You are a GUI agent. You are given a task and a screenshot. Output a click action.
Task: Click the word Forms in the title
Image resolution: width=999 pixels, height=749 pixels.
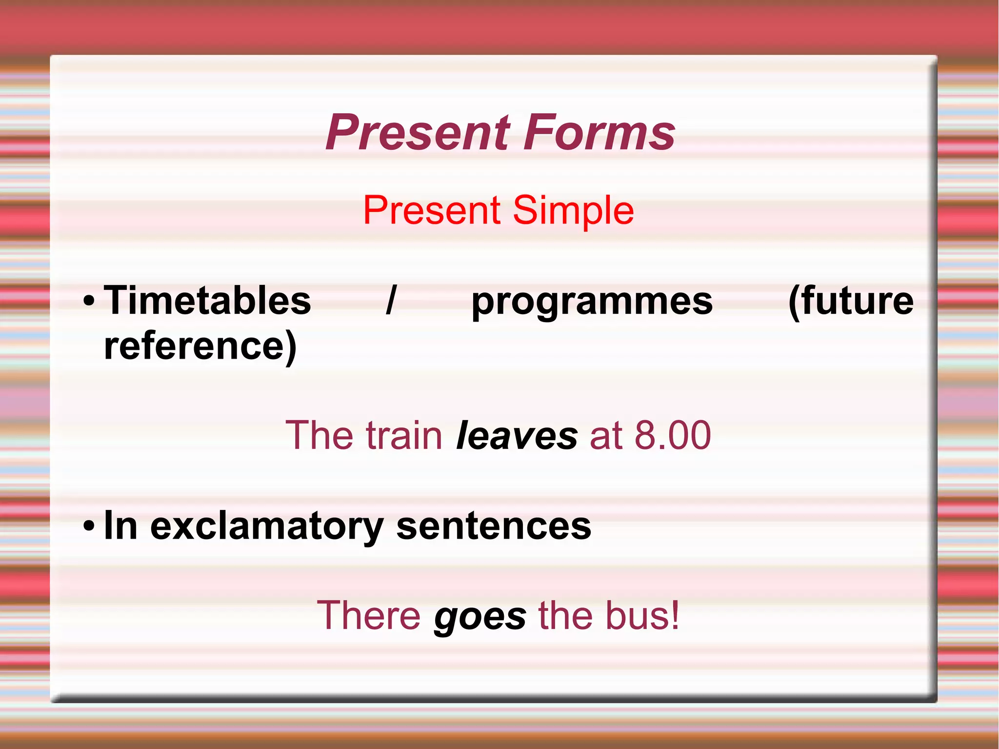[599, 133]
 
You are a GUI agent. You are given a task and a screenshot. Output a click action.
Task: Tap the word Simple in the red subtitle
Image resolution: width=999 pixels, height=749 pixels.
[573, 210]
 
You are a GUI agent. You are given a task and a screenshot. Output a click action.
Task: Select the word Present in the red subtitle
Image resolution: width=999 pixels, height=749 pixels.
[432, 210]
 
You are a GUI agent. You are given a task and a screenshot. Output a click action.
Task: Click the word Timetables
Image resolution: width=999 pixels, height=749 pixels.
[208, 301]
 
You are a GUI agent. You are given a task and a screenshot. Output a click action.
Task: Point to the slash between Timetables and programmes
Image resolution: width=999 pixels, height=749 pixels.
[390, 301]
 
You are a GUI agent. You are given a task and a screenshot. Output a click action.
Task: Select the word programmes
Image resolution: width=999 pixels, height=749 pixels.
[592, 303]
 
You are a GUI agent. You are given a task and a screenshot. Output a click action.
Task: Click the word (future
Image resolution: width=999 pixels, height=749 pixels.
[851, 302]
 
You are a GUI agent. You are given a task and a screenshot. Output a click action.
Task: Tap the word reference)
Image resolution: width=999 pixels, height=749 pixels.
[200, 345]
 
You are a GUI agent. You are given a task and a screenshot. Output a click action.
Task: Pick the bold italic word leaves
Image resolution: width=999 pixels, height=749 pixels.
[517, 435]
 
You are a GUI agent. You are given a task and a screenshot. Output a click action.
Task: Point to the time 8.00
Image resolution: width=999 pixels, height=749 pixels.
[673, 435]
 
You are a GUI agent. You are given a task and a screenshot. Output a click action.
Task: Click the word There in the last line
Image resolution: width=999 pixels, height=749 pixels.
[368, 616]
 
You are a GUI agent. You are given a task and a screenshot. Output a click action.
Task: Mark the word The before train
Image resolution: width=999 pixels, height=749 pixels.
[319, 435]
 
